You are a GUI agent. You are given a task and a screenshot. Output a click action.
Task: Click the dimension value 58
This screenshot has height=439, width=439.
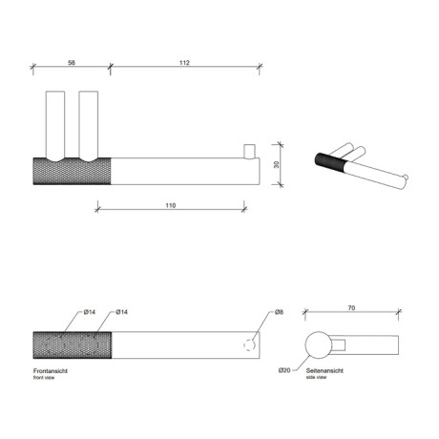click(x=72, y=63)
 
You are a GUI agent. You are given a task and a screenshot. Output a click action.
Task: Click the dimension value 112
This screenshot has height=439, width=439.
click(x=184, y=63)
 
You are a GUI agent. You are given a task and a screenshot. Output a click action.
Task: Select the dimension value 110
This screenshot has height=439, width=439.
click(x=171, y=205)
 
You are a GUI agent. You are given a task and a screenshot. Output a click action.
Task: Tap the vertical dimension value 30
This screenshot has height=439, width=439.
click(x=277, y=164)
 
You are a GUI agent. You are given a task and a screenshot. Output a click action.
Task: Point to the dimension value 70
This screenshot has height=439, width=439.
click(x=351, y=308)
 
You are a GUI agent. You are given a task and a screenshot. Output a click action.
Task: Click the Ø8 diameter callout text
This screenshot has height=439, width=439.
click(x=279, y=312)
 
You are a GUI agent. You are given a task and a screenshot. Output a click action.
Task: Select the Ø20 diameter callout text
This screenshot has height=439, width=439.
click(x=284, y=370)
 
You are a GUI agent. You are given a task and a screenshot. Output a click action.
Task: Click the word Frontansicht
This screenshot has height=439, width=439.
click(x=51, y=371)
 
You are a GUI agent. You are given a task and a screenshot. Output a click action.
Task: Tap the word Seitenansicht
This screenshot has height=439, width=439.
click(x=324, y=370)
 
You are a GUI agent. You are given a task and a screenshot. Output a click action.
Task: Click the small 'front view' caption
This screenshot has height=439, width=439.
click(x=44, y=378)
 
